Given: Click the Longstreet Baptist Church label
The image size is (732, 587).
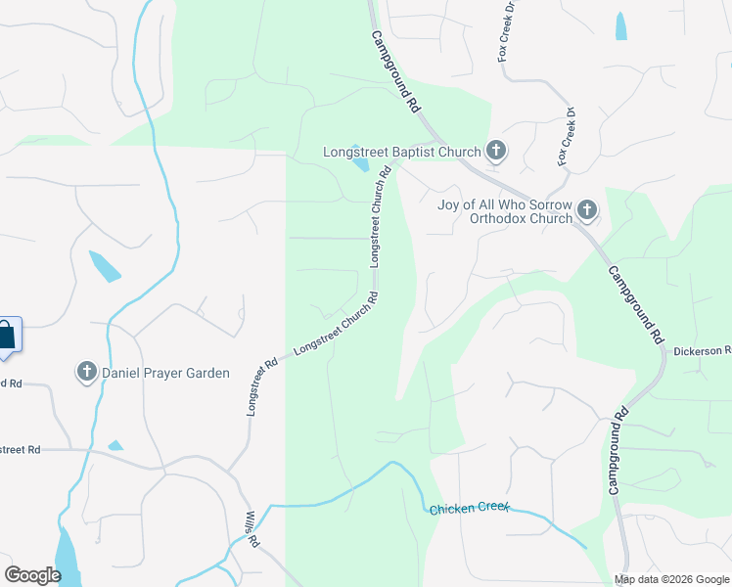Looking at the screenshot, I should point(402,152).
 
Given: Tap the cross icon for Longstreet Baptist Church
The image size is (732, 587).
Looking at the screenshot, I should point(496,151).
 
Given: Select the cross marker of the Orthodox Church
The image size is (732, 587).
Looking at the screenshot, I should point(586,209).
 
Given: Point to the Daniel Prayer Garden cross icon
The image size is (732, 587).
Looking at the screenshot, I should point(86,372).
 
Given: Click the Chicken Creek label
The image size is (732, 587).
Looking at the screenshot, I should point(468,508).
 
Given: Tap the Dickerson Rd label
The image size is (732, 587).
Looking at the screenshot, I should point(702,350).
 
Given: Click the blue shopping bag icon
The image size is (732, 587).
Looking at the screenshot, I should point(6,335).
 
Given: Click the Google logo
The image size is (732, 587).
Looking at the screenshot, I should point(33,575).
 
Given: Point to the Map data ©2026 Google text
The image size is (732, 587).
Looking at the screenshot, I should point(670,579).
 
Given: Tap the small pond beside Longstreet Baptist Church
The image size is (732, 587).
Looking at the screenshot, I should point(361,165).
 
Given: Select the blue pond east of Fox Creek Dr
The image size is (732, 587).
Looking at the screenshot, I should point(621,26).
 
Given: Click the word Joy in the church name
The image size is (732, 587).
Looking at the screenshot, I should point(449,203).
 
